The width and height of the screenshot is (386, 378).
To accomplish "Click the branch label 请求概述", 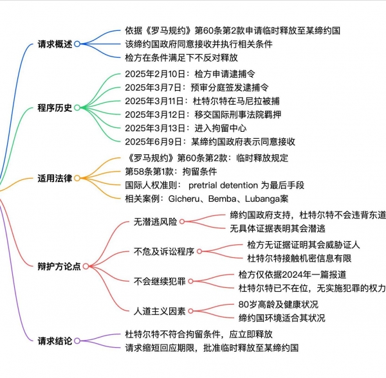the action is coord(55,44).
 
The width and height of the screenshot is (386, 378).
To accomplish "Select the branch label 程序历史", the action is coord(55,108).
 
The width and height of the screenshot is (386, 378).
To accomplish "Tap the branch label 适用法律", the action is coord(55,178).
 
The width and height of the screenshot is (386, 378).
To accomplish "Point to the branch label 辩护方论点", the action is coord(59,266).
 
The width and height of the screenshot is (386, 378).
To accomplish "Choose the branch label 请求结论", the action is coord(55,341).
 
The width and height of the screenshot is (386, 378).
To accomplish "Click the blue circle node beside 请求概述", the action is coord(77,44).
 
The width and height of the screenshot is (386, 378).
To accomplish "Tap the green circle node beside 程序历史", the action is coord(77,108).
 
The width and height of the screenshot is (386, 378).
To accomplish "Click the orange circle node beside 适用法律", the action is coord(77,178).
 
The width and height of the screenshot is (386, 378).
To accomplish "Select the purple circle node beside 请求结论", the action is coord(77,341).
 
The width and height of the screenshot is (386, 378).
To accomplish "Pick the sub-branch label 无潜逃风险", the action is coord(155,222).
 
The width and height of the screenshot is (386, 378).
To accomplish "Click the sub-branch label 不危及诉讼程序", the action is coord(164,251).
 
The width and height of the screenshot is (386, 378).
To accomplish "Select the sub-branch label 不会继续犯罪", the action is coord(160,282).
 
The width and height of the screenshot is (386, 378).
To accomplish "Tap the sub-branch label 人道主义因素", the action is coord(160,311).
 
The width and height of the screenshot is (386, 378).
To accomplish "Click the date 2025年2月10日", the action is coord(155,74).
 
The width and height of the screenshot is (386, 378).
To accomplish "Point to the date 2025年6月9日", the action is coord(153,142).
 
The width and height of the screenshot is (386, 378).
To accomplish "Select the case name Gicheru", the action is coord(184,199).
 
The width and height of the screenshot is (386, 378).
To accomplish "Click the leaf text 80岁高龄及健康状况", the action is coord(278,305).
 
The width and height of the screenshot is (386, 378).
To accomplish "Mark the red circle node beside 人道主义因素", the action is coord(190,311).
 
